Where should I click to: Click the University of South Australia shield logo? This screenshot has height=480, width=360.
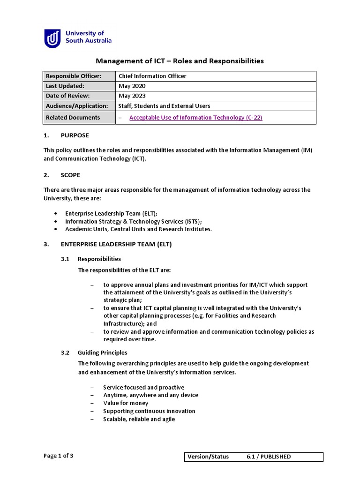[52, 38]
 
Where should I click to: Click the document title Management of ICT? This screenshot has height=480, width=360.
[180, 61]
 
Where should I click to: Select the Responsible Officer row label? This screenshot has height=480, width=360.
[73, 76]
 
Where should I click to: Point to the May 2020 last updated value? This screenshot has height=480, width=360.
[132, 86]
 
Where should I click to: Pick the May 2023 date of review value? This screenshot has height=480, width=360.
[132, 96]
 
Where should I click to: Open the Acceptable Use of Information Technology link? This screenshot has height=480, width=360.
[195, 118]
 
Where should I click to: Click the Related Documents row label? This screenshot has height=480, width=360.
[73, 118]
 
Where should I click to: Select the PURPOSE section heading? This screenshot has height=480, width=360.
[75, 135]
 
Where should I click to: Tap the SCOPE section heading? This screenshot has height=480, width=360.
[70, 175]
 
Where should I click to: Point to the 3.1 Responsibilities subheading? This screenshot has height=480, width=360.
[99, 259]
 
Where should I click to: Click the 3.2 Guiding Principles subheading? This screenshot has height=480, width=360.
[102, 352]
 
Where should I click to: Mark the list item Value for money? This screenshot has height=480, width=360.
[126, 403]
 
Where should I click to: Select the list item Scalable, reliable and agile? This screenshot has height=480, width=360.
[139, 419]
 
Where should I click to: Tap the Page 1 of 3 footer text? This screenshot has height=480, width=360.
[59, 456]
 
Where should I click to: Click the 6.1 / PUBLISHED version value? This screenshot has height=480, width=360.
[269, 457]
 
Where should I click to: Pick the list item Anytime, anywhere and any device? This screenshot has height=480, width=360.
[150, 395]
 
